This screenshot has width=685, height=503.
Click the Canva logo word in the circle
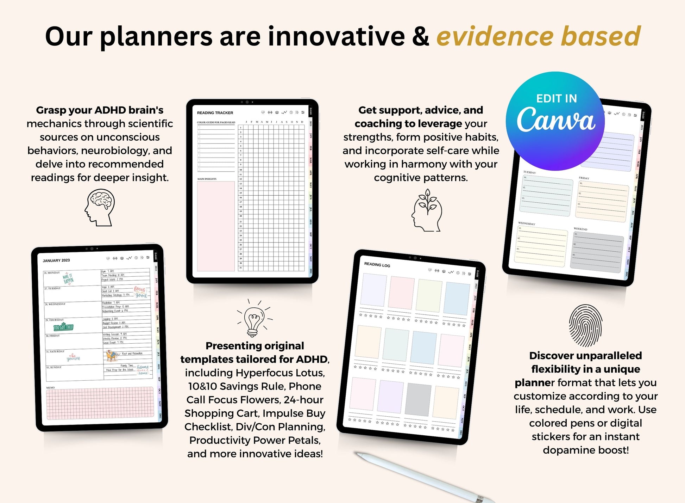coord(556,120)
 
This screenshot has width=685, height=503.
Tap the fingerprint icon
coord(585,326)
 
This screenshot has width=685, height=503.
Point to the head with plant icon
coord(427,210)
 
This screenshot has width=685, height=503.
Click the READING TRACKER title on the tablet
coord(215,113)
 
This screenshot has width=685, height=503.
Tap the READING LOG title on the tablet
coord(377,265)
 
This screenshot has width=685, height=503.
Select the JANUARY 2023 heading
coord(56,260)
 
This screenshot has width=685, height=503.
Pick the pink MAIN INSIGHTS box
coord(215,226)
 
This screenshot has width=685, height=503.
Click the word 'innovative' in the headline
coord(336,36)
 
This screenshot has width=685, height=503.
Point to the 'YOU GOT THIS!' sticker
coord(63,327)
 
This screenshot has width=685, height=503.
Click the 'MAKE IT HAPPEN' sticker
coord(68,279)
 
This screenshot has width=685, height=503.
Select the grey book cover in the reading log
coord(418,399)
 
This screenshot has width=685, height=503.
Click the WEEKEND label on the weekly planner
coord(580,229)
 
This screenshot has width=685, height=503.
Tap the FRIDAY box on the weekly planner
coord(602,203)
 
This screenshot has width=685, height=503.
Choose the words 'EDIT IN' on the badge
coord(557,98)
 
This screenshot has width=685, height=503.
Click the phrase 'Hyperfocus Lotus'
coord(280,373)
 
